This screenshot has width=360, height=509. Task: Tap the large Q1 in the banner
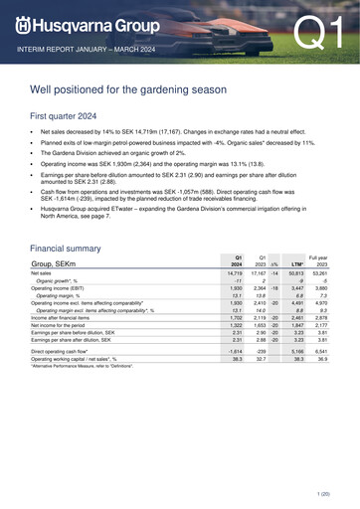coord(316,34)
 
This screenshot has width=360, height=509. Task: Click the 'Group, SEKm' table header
coord(60,262)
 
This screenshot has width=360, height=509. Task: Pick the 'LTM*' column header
coord(295,264)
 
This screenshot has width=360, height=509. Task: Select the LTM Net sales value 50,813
coord(293,273)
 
